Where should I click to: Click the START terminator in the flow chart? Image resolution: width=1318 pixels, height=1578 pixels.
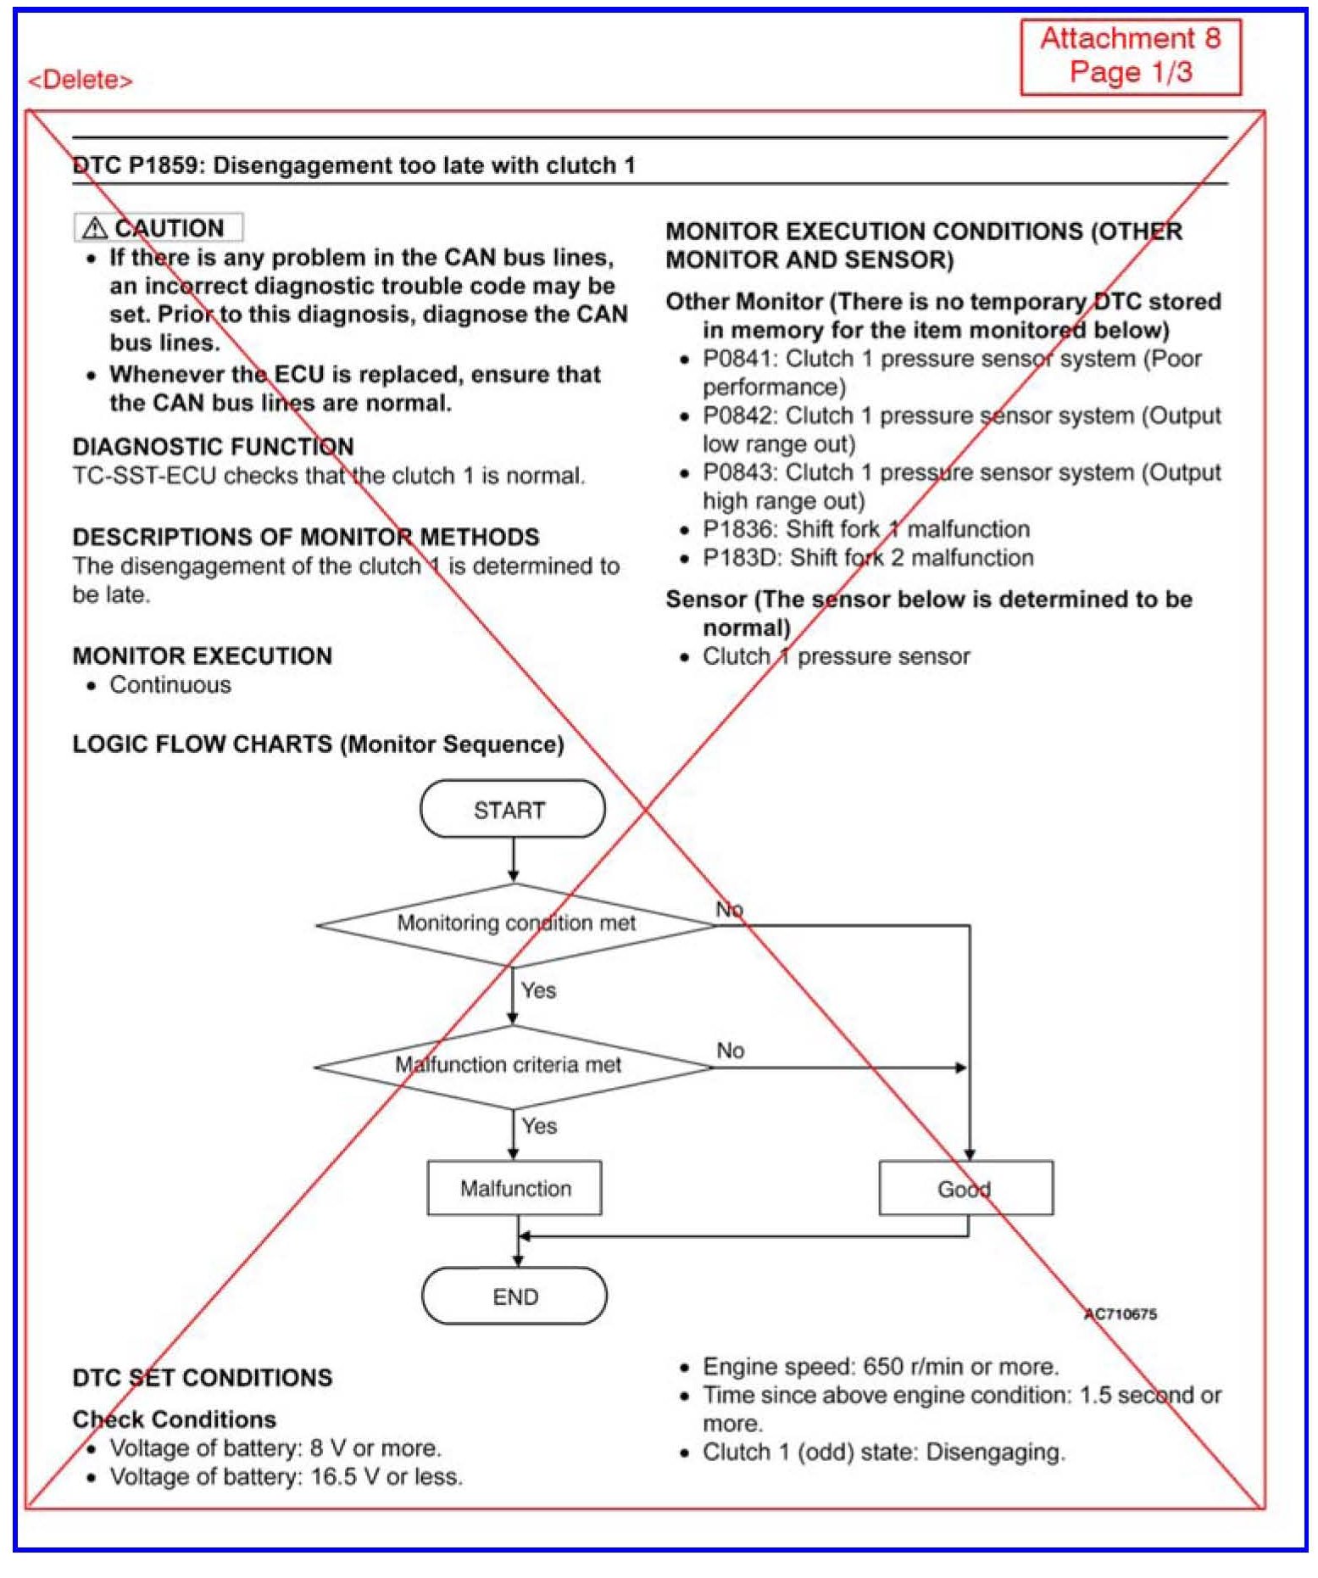coord(512,809)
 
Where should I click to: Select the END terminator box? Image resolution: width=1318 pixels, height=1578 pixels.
coord(514,1296)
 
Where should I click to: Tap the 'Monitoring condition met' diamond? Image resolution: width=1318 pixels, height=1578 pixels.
coord(515,923)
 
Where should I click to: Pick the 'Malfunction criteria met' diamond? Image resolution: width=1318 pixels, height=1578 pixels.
coord(512,1066)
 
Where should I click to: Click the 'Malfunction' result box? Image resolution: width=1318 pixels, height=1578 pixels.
coord(514,1188)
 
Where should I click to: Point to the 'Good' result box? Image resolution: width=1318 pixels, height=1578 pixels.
coord(965,1188)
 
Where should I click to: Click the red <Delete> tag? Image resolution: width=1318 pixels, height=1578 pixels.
coord(81,81)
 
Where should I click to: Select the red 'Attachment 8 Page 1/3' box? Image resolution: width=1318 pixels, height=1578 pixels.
coord(1130,56)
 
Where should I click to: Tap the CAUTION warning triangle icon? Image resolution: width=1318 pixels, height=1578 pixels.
coord(94,228)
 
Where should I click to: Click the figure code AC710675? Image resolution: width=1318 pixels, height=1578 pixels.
coord(1121,1313)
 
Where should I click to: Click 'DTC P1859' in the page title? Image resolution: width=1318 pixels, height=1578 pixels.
coord(136,165)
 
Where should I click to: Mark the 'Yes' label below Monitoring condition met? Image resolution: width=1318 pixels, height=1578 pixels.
coord(538,990)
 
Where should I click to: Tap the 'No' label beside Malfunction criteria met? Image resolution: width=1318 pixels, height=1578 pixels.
coord(730,1051)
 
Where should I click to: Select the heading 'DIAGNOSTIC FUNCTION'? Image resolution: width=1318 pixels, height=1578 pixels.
coord(213,447)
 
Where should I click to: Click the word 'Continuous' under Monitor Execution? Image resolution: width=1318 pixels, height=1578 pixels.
coord(170,685)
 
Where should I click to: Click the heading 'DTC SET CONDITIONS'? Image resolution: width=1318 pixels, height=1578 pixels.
coord(202,1377)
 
